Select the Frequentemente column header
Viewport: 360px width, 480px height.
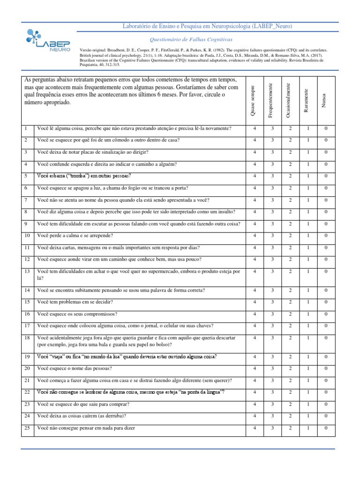click(270, 100)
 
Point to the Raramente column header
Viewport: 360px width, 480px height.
click(306, 101)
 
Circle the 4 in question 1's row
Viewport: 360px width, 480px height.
click(255, 128)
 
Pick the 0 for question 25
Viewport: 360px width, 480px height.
click(326, 427)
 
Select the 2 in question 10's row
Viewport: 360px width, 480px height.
click(290, 235)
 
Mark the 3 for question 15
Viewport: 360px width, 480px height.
click(272, 302)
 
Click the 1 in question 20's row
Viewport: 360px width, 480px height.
click(308, 368)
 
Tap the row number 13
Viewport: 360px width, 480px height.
click(27, 271)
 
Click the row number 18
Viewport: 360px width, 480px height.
click(27, 337)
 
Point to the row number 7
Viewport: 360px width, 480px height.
click(27, 200)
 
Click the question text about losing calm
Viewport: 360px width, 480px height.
click(75, 235)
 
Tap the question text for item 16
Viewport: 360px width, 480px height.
click(77, 314)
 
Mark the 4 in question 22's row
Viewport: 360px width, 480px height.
click(255, 392)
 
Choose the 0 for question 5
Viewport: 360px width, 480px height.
click(326, 176)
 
